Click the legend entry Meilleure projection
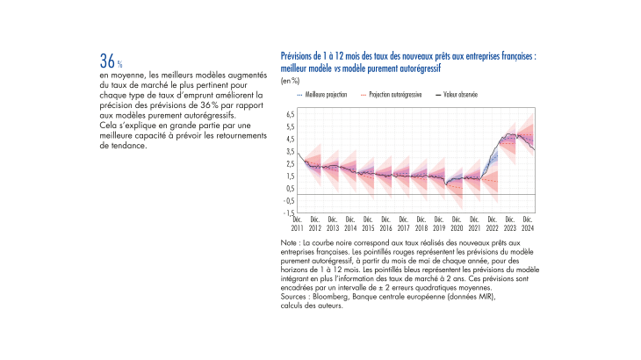point(325,94)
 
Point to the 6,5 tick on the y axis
point(291,115)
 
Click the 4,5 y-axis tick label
point(291,140)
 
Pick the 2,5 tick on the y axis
point(291,164)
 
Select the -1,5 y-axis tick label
point(289,212)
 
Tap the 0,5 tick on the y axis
point(291,188)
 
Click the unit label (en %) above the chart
point(290,80)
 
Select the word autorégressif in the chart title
point(415,67)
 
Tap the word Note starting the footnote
point(289,241)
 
